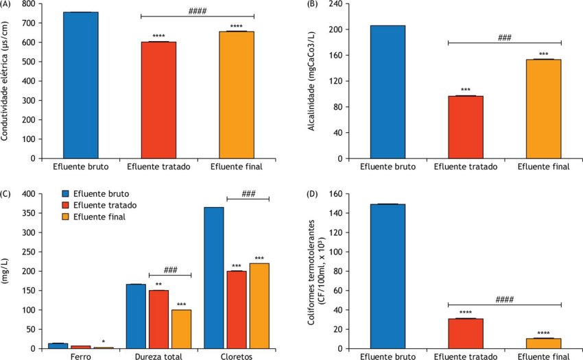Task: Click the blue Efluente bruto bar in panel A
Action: click(80, 85)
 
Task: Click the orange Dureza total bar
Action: click(181, 329)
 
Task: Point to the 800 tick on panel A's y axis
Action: click(29, 3)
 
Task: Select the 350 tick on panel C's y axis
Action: click(28, 213)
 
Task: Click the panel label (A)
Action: click(8, 4)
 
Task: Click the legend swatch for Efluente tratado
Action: click(66, 205)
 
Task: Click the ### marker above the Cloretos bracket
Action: click(248, 194)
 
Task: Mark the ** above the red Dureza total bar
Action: click(158, 284)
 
